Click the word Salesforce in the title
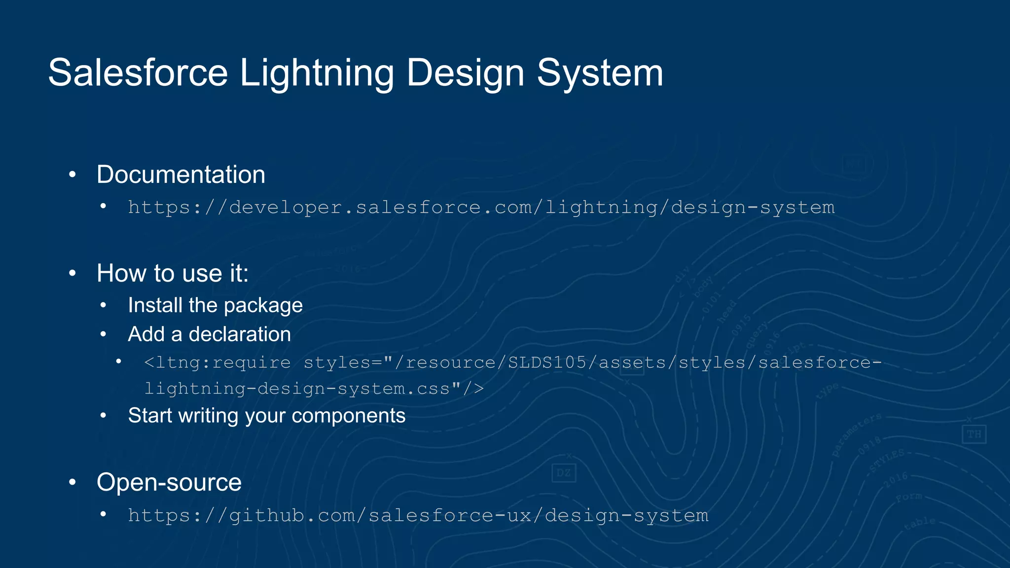[138, 73]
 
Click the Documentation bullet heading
[180, 175]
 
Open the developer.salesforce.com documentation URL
[481, 208]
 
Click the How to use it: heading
[173, 273]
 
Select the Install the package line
[215, 305]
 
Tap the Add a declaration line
[209, 334]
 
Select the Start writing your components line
[266, 416]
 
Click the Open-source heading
[169, 482]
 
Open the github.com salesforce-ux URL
[418, 516]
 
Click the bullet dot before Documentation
[72, 175]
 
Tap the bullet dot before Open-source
[72, 482]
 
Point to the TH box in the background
[974, 434]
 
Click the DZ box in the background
[563, 473]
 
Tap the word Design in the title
[465, 73]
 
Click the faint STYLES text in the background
[887, 461]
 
